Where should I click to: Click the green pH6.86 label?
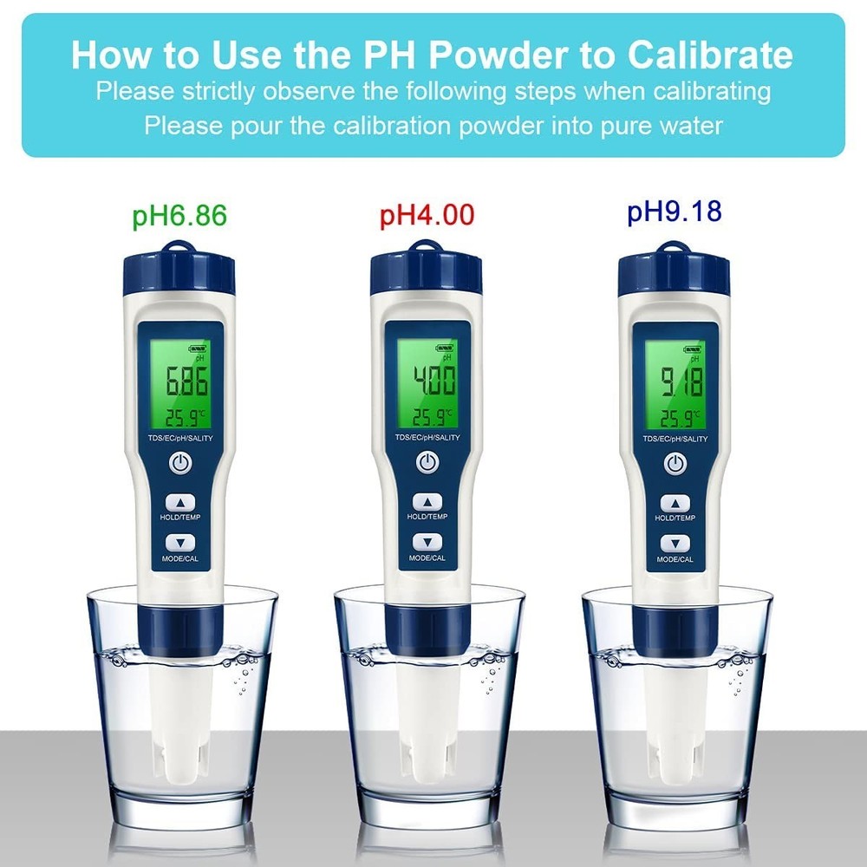pos(179,215)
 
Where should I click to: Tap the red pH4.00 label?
pos(427,214)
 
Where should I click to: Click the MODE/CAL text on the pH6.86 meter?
pos(180,558)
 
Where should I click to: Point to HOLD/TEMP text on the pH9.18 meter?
pos(675,518)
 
